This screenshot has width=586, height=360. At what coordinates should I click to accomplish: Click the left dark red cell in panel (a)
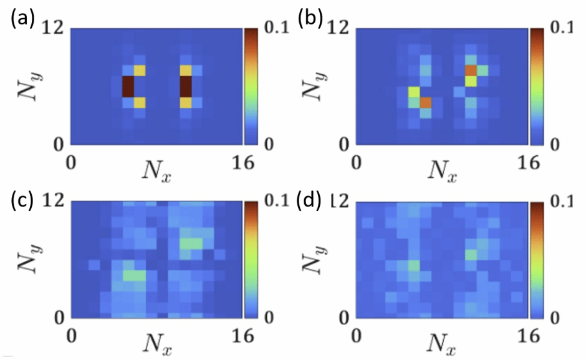pos(128,86)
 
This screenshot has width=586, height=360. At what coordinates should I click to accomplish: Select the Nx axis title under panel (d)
pos(443,343)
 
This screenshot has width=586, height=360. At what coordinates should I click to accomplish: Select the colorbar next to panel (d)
pos(536,259)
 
